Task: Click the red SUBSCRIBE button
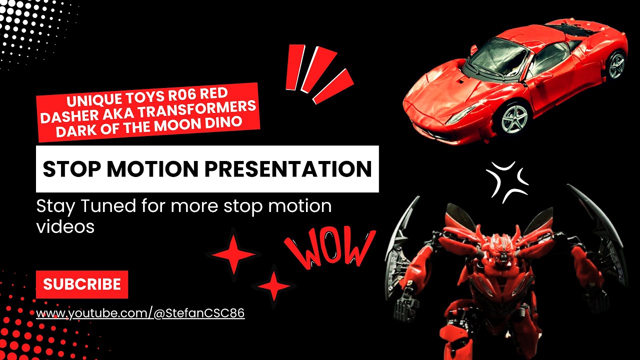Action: pyautogui.click(x=82, y=284)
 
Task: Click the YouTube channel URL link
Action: pyautogui.click(x=140, y=313)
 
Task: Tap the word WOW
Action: pyautogui.click(x=330, y=247)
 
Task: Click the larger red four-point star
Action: pyautogui.click(x=233, y=254)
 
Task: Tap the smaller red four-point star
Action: pyautogui.click(x=274, y=286)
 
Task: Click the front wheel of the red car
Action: pyautogui.click(x=514, y=118)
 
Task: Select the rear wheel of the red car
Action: pyautogui.click(x=616, y=64)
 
